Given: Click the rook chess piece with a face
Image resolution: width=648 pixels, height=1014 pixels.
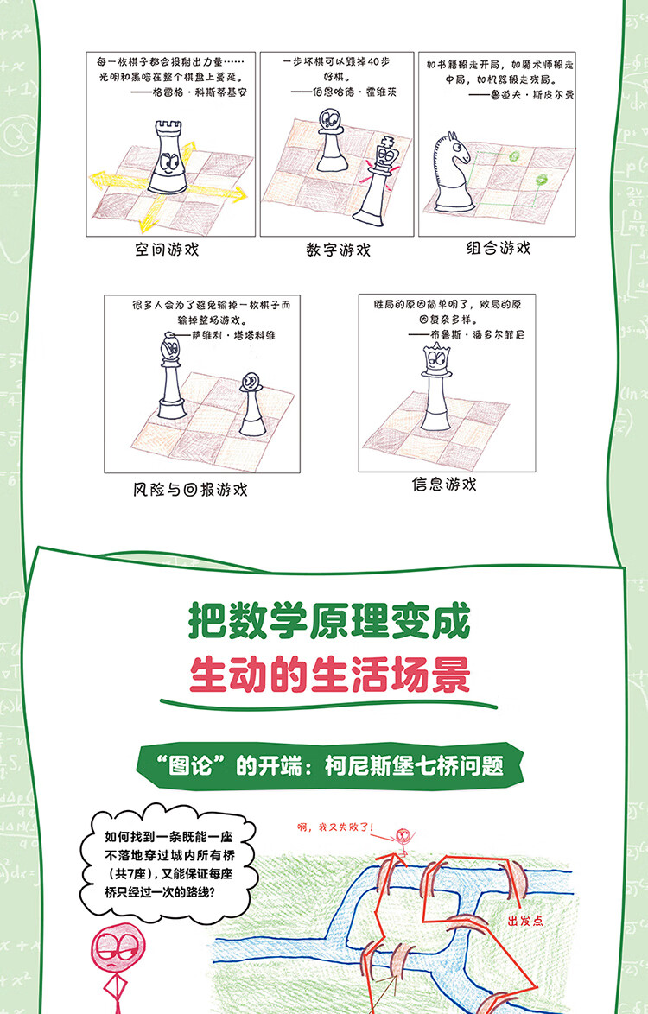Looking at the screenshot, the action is point(168,158).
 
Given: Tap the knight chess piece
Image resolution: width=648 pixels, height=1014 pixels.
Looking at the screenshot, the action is point(451,171).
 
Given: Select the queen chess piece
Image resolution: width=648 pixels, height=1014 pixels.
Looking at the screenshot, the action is point(436,387).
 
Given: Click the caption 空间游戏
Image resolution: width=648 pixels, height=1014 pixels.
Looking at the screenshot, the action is point(167,250).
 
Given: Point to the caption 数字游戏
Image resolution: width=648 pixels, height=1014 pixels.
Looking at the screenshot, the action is point(338,250).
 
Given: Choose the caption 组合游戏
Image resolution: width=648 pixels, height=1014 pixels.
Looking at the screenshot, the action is point(499,248).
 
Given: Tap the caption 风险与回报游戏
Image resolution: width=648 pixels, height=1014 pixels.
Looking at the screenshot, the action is point(190,490).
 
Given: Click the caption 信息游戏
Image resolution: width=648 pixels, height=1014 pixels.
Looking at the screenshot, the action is point(444,484).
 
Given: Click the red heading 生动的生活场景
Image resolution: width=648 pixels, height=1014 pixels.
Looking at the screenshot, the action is point(330,675).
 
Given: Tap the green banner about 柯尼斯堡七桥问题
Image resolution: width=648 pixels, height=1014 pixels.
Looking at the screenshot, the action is point(330,766).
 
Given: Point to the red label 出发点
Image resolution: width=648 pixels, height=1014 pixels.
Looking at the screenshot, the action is point(525,920).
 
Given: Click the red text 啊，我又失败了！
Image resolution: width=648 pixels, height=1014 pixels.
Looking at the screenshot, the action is point(335,827).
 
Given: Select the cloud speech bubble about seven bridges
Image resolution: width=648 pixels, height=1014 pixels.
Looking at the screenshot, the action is point(168,864).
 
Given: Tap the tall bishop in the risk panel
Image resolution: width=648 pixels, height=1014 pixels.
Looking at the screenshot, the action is point(171,376).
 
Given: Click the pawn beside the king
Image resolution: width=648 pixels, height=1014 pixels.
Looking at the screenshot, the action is point(330,140).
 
